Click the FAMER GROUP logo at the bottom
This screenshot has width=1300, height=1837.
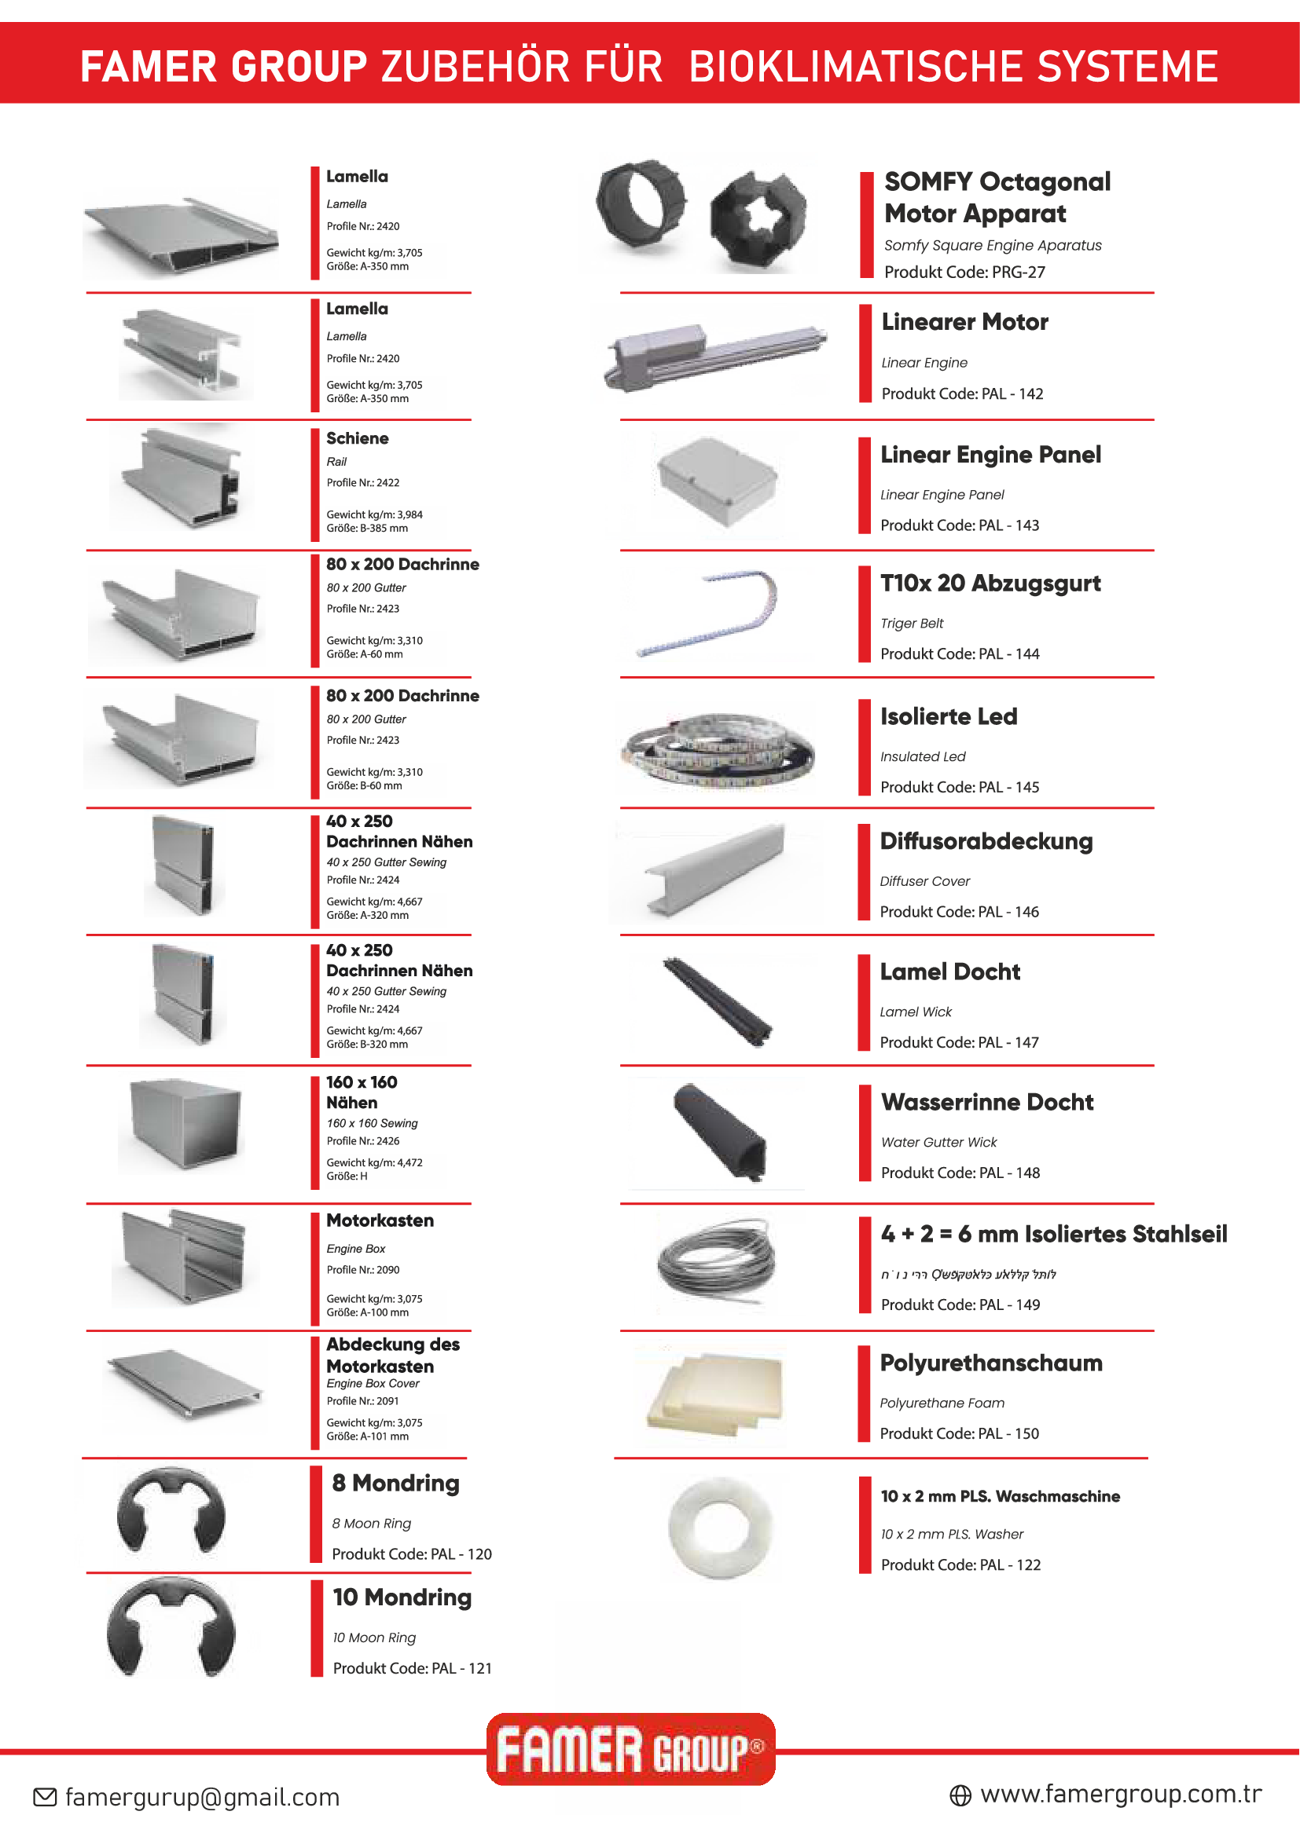(x=630, y=1749)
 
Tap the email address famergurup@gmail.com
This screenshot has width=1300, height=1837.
(x=202, y=1797)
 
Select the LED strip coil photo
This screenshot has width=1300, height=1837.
(x=714, y=748)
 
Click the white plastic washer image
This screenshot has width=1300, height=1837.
(x=721, y=1528)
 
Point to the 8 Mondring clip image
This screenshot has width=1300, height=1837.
(x=171, y=1512)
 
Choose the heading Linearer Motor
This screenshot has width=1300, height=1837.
(x=964, y=323)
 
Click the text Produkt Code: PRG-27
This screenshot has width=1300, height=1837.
(x=964, y=272)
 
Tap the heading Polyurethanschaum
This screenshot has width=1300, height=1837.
(x=990, y=1363)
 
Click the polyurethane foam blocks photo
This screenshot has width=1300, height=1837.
(x=709, y=1393)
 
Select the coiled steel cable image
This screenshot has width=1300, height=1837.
(x=716, y=1263)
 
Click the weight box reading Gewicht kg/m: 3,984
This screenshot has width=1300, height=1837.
(x=385, y=521)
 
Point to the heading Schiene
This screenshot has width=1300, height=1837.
(x=357, y=438)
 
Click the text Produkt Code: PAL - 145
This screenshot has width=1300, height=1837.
(x=959, y=787)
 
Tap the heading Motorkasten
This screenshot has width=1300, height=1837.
(x=380, y=1220)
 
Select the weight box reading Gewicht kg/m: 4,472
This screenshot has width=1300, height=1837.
(x=385, y=1169)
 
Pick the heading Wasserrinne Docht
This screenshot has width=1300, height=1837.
(x=986, y=1102)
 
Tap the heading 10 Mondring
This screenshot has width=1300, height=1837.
(x=402, y=1597)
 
